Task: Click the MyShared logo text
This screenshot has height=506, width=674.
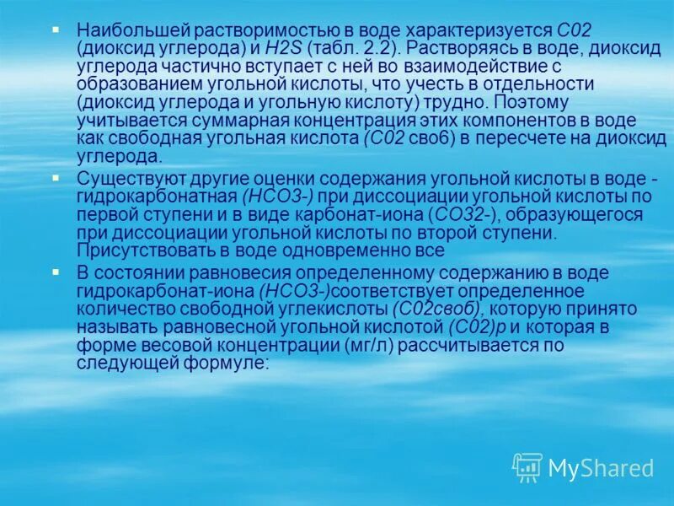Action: click(x=601, y=468)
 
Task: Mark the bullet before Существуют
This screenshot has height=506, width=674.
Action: click(x=56, y=177)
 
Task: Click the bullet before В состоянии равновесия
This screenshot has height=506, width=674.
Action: click(x=56, y=272)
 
